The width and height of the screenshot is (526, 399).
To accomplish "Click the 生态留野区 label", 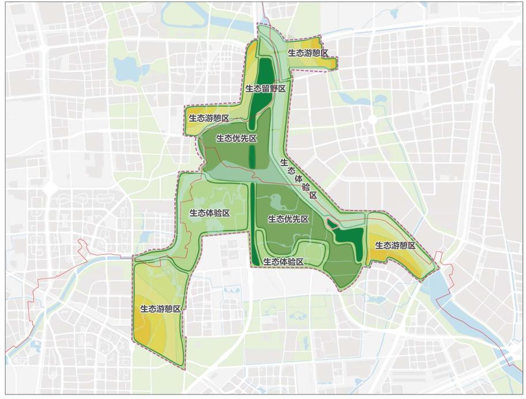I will pos(266,89).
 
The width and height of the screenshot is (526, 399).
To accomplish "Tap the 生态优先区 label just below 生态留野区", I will pos(236,138).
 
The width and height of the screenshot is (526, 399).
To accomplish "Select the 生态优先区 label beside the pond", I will pos(289,219).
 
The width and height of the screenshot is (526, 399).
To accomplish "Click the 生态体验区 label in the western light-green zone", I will pos(210,213).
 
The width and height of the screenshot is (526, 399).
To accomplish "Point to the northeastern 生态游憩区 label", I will pos(308,52).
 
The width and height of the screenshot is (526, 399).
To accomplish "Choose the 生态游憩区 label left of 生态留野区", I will pos(209,118).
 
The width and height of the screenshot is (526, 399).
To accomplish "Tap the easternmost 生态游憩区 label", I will pos(395,245).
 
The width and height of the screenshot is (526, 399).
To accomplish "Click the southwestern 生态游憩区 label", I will pos(161,308).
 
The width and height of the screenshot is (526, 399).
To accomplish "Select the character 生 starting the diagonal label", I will pos(283,162).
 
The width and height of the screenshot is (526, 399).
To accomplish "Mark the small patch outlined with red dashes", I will pos(332,224).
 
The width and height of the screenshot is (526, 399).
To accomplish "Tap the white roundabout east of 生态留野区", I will pos(372,120).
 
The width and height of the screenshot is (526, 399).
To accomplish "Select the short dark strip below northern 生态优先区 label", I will pos(252,156).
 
